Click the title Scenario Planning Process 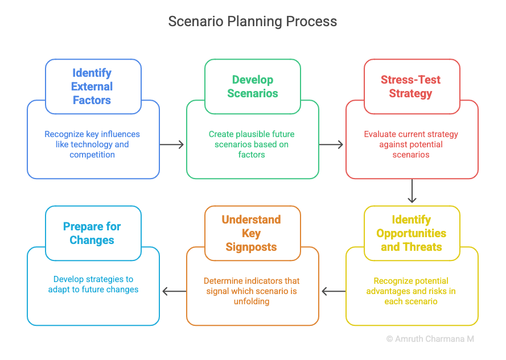click(253, 22)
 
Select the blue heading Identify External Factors click(92, 86)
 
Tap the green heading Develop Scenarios click(253, 86)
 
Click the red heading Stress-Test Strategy click(410, 86)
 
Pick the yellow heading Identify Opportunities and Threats click(411, 233)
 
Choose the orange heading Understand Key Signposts click(251, 233)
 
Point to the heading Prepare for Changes click(92, 233)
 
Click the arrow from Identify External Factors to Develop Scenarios click(172, 144)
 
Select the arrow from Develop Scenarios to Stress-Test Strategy click(331, 144)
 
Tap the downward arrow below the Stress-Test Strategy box click(412, 191)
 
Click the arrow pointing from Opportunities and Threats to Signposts click(334, 291)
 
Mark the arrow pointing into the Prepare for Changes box click(174, 291)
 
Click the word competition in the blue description click(92, 155)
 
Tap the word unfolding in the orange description click(252, 301)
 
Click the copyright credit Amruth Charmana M click(434, 339)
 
